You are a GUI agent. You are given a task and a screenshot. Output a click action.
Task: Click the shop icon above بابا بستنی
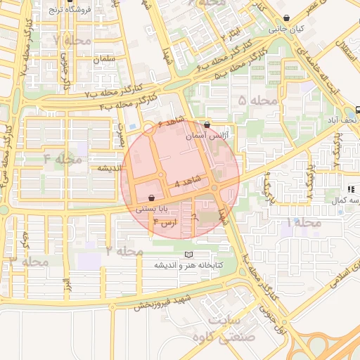pos(153,199)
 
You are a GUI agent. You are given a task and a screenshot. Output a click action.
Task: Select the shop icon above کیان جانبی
pos(285,19)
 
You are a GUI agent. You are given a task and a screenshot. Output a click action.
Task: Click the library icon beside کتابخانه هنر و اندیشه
pos(187,254)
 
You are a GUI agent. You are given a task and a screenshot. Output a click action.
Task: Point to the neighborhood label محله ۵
pos(258,101)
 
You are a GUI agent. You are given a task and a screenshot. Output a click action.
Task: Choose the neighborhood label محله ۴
pos(63,158)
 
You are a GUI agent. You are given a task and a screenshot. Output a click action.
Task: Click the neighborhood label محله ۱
pos(303,222)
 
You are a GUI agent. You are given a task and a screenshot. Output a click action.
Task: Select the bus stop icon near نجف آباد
pos(357,109)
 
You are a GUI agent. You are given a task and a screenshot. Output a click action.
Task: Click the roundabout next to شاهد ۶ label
pos(148,128)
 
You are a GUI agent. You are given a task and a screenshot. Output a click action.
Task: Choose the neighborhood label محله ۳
pos(28,261)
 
